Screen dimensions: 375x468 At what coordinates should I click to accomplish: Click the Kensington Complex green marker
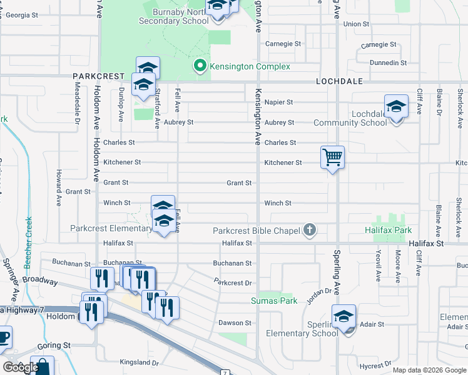point(200,66)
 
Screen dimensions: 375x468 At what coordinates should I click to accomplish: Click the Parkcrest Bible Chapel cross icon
point(308,231)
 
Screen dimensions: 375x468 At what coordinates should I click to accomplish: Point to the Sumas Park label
point(274,301)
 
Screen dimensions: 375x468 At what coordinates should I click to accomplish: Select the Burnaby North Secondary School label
point(170,16)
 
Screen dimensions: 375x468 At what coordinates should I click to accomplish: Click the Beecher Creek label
point(28,237)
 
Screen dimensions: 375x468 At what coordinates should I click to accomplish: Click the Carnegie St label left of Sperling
point(283,44)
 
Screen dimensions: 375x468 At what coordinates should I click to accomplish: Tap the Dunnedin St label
point(388,63)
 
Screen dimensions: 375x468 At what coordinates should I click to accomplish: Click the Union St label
point(356,24)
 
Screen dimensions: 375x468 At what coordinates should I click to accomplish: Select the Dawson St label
point(235,323)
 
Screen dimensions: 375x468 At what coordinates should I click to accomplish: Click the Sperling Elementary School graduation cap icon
point(343,317)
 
